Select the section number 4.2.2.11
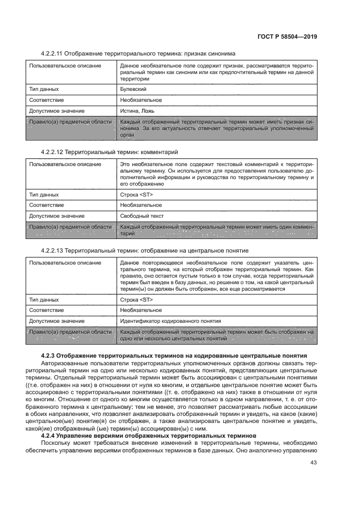point(52,54)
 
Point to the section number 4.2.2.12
point(52,152)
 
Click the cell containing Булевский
point(133,89)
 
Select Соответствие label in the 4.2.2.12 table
point(46,205)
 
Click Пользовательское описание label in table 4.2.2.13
point(65,262)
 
